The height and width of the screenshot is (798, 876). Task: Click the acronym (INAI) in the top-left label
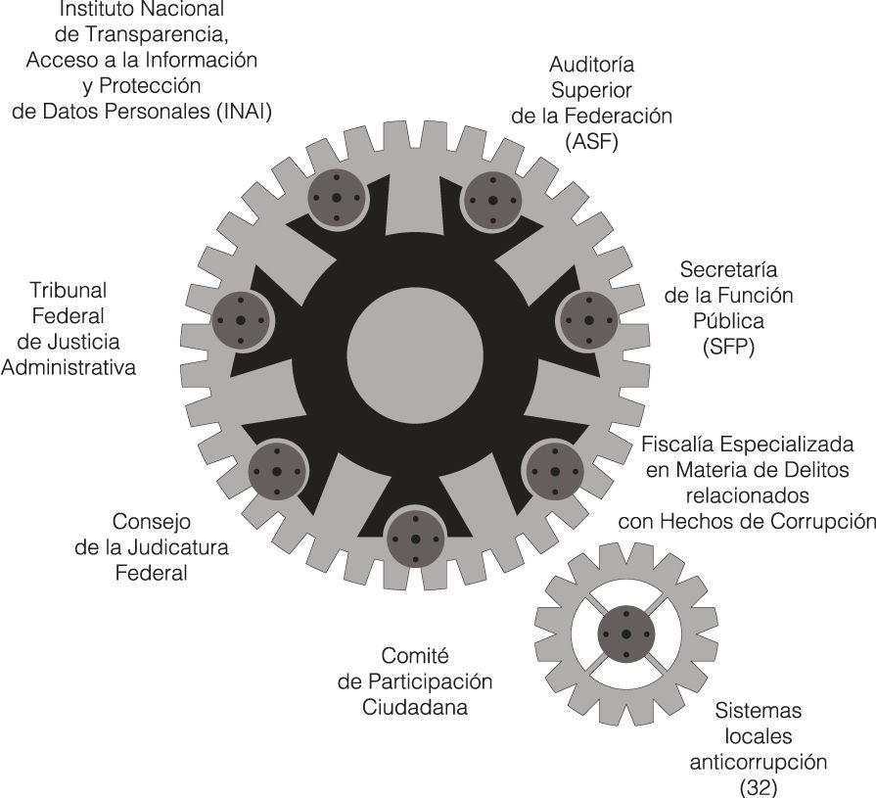pyautogui.click(x=242, y=112)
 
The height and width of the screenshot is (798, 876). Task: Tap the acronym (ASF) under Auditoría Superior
pyautogui.click(x=592, y=140)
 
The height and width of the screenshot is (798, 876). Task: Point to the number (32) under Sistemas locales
pyautogui.click(x=758, y=784)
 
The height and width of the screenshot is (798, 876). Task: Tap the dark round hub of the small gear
pyautogui.click(x=625, y=634)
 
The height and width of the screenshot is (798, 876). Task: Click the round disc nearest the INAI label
pyautogui.click(x=336, y=197)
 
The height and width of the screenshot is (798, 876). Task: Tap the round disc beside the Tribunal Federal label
pyautogui.click(x=241, y=320)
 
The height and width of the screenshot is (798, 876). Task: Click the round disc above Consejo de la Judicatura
pyautogui.click(x=277, y=472)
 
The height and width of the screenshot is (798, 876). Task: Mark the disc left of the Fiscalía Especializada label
pyautogui.click(x=554, y=470)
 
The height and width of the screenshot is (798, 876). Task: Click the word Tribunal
pyautogui.click(x=68, y=291)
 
